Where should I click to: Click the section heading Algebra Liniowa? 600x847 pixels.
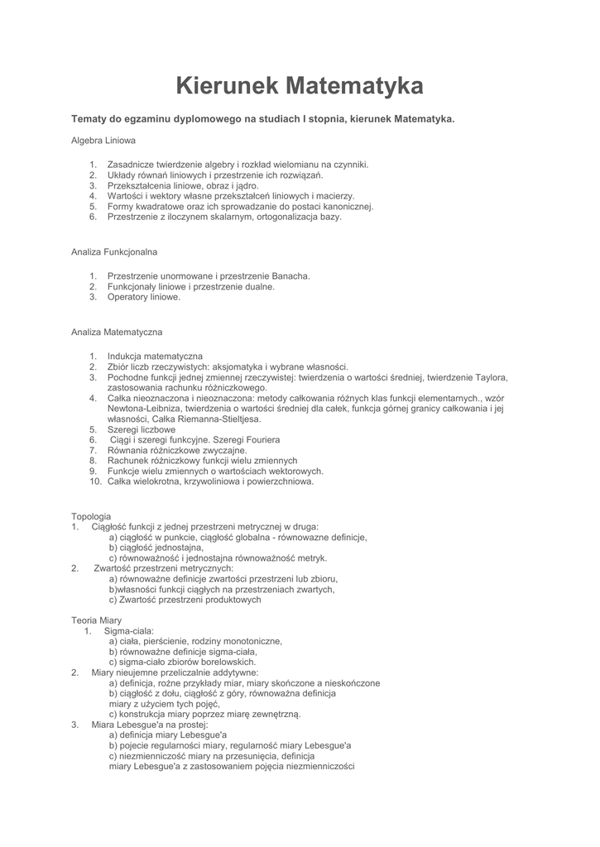coord(103,141)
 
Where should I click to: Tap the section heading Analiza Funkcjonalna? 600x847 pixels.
coord(114,251)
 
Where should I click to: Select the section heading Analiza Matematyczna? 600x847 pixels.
coord(117,332)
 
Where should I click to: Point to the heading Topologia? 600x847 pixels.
coord(91,516)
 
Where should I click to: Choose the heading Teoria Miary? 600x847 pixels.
coord(97,620)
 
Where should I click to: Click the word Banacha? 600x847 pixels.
coord(289,276)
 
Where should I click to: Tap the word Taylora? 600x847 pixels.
coord(492,377)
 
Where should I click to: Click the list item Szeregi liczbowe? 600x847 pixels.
coord(142,429)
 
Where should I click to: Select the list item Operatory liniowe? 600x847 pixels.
coord(144,297)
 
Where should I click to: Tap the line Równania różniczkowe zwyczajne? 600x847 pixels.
coord(177,450)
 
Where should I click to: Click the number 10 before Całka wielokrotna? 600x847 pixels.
coord(94,481)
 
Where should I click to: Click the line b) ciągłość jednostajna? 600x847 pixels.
coord(156,548)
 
